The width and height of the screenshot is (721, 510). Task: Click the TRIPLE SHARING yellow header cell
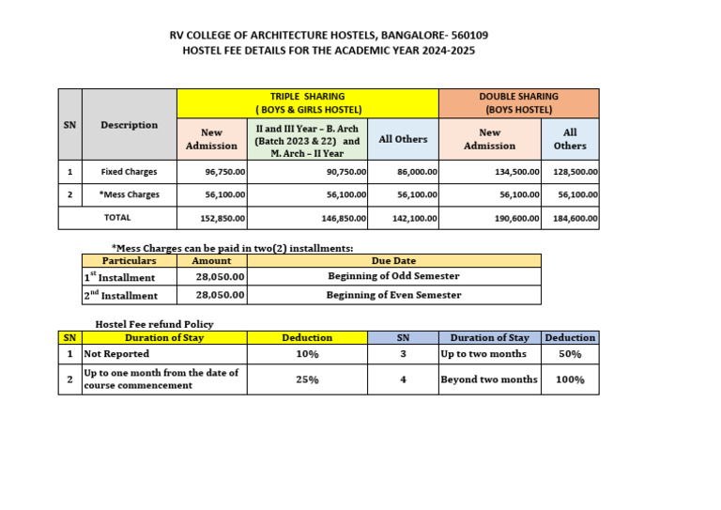pyautogui.click(x=308, y=102)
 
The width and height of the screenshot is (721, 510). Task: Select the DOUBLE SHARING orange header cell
pyautogui.click(x=518, y=102)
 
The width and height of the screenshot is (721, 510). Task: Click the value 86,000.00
pyautogui.click(x=413, y=172)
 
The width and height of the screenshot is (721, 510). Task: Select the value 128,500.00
pyautogui.click(x=576, y=172)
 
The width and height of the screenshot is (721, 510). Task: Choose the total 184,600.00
pyautogui.click(x=576, y=218)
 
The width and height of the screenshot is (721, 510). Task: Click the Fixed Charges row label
pyautogui.click(x=130, y=172)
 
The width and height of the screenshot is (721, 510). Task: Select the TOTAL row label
pyautogui.click(x=117, y=217)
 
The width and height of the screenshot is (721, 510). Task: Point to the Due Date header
pyautogui.click(x=393, y=261)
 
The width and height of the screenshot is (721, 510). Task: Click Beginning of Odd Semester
pyautogui.click(x=393, y=277)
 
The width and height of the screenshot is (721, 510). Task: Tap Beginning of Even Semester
pyautogui.click(x=393, y=295)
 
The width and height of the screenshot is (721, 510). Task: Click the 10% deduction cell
pyautogui.click(x=307, y=355)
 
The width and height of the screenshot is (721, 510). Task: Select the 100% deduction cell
pyautogui.click(x=570, y=379)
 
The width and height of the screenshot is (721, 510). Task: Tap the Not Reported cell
pyautogui.click(x=116, y=355)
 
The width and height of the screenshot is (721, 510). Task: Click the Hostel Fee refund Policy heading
pyautogui.click(x=154, y=324)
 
